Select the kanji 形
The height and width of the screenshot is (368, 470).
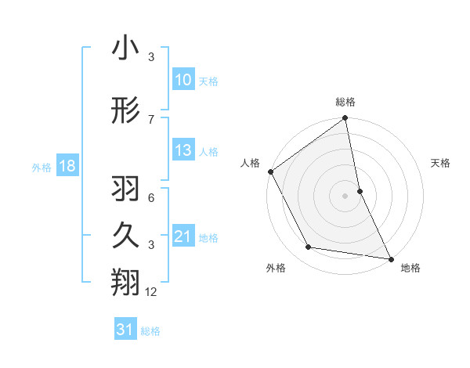pyautogui.click(x=126, y=110)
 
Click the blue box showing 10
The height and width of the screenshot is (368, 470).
pyautogui.click(x=183, y=80)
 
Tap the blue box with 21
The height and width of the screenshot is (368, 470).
pyautogui.click(x=183, y=237)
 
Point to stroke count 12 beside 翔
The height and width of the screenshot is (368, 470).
pyautogui.click(x=152, y=293)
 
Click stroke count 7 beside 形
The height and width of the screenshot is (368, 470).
pyautogui.click(x=152, y=119)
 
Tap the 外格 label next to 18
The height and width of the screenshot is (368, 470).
pyautogui.click(x=42, y=168)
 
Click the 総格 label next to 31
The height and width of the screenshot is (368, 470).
pyautogui.click(x=150, y=331)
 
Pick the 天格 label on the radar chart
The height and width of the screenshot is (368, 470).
pyautogui.click(x=440, y=163)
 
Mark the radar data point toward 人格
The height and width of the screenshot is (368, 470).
pyautogui.click(x=270, y=171)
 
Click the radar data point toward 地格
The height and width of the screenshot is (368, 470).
pyautogui.click(x=389, y=258)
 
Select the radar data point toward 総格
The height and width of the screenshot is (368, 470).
pyautogui.click(x=345, y=119)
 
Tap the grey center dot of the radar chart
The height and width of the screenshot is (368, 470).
pyautogui.click(x=345, y=196)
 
